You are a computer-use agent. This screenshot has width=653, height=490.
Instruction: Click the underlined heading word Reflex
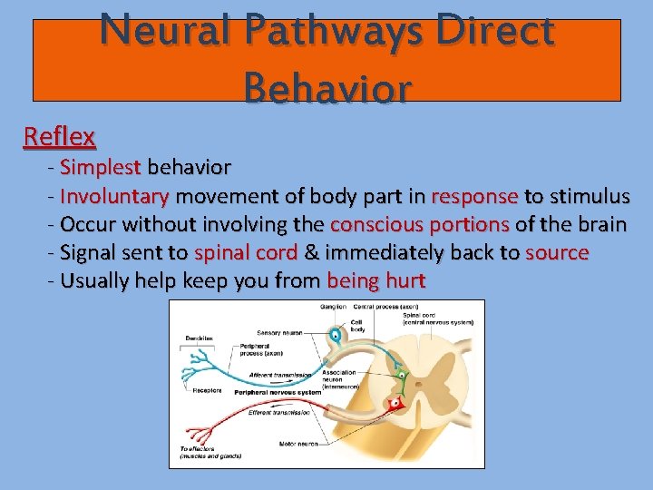(59, 137)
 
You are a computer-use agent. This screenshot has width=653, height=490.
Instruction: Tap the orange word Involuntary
(114, 196)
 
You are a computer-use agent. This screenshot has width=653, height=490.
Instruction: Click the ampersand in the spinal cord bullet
(310, 252)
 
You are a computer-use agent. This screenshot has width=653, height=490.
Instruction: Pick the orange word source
(557, 252)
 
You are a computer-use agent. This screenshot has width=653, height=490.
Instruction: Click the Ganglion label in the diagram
(333, 308)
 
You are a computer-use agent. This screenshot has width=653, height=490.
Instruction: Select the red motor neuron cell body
(395, 404)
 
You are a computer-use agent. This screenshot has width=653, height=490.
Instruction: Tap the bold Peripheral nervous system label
(274, 392)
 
